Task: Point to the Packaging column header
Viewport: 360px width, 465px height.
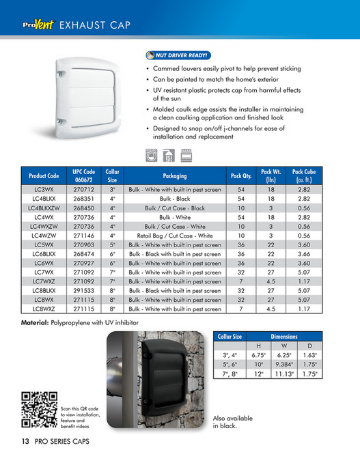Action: pos(174,175)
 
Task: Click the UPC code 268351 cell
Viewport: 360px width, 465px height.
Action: pos(84,197)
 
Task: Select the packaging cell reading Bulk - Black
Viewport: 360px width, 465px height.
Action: pos(174,197)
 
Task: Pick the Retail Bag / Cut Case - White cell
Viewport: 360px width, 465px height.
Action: pos(174,236)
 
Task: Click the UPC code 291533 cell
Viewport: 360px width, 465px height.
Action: pos(84,290)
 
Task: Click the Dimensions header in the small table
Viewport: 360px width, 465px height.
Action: pos(283,337)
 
